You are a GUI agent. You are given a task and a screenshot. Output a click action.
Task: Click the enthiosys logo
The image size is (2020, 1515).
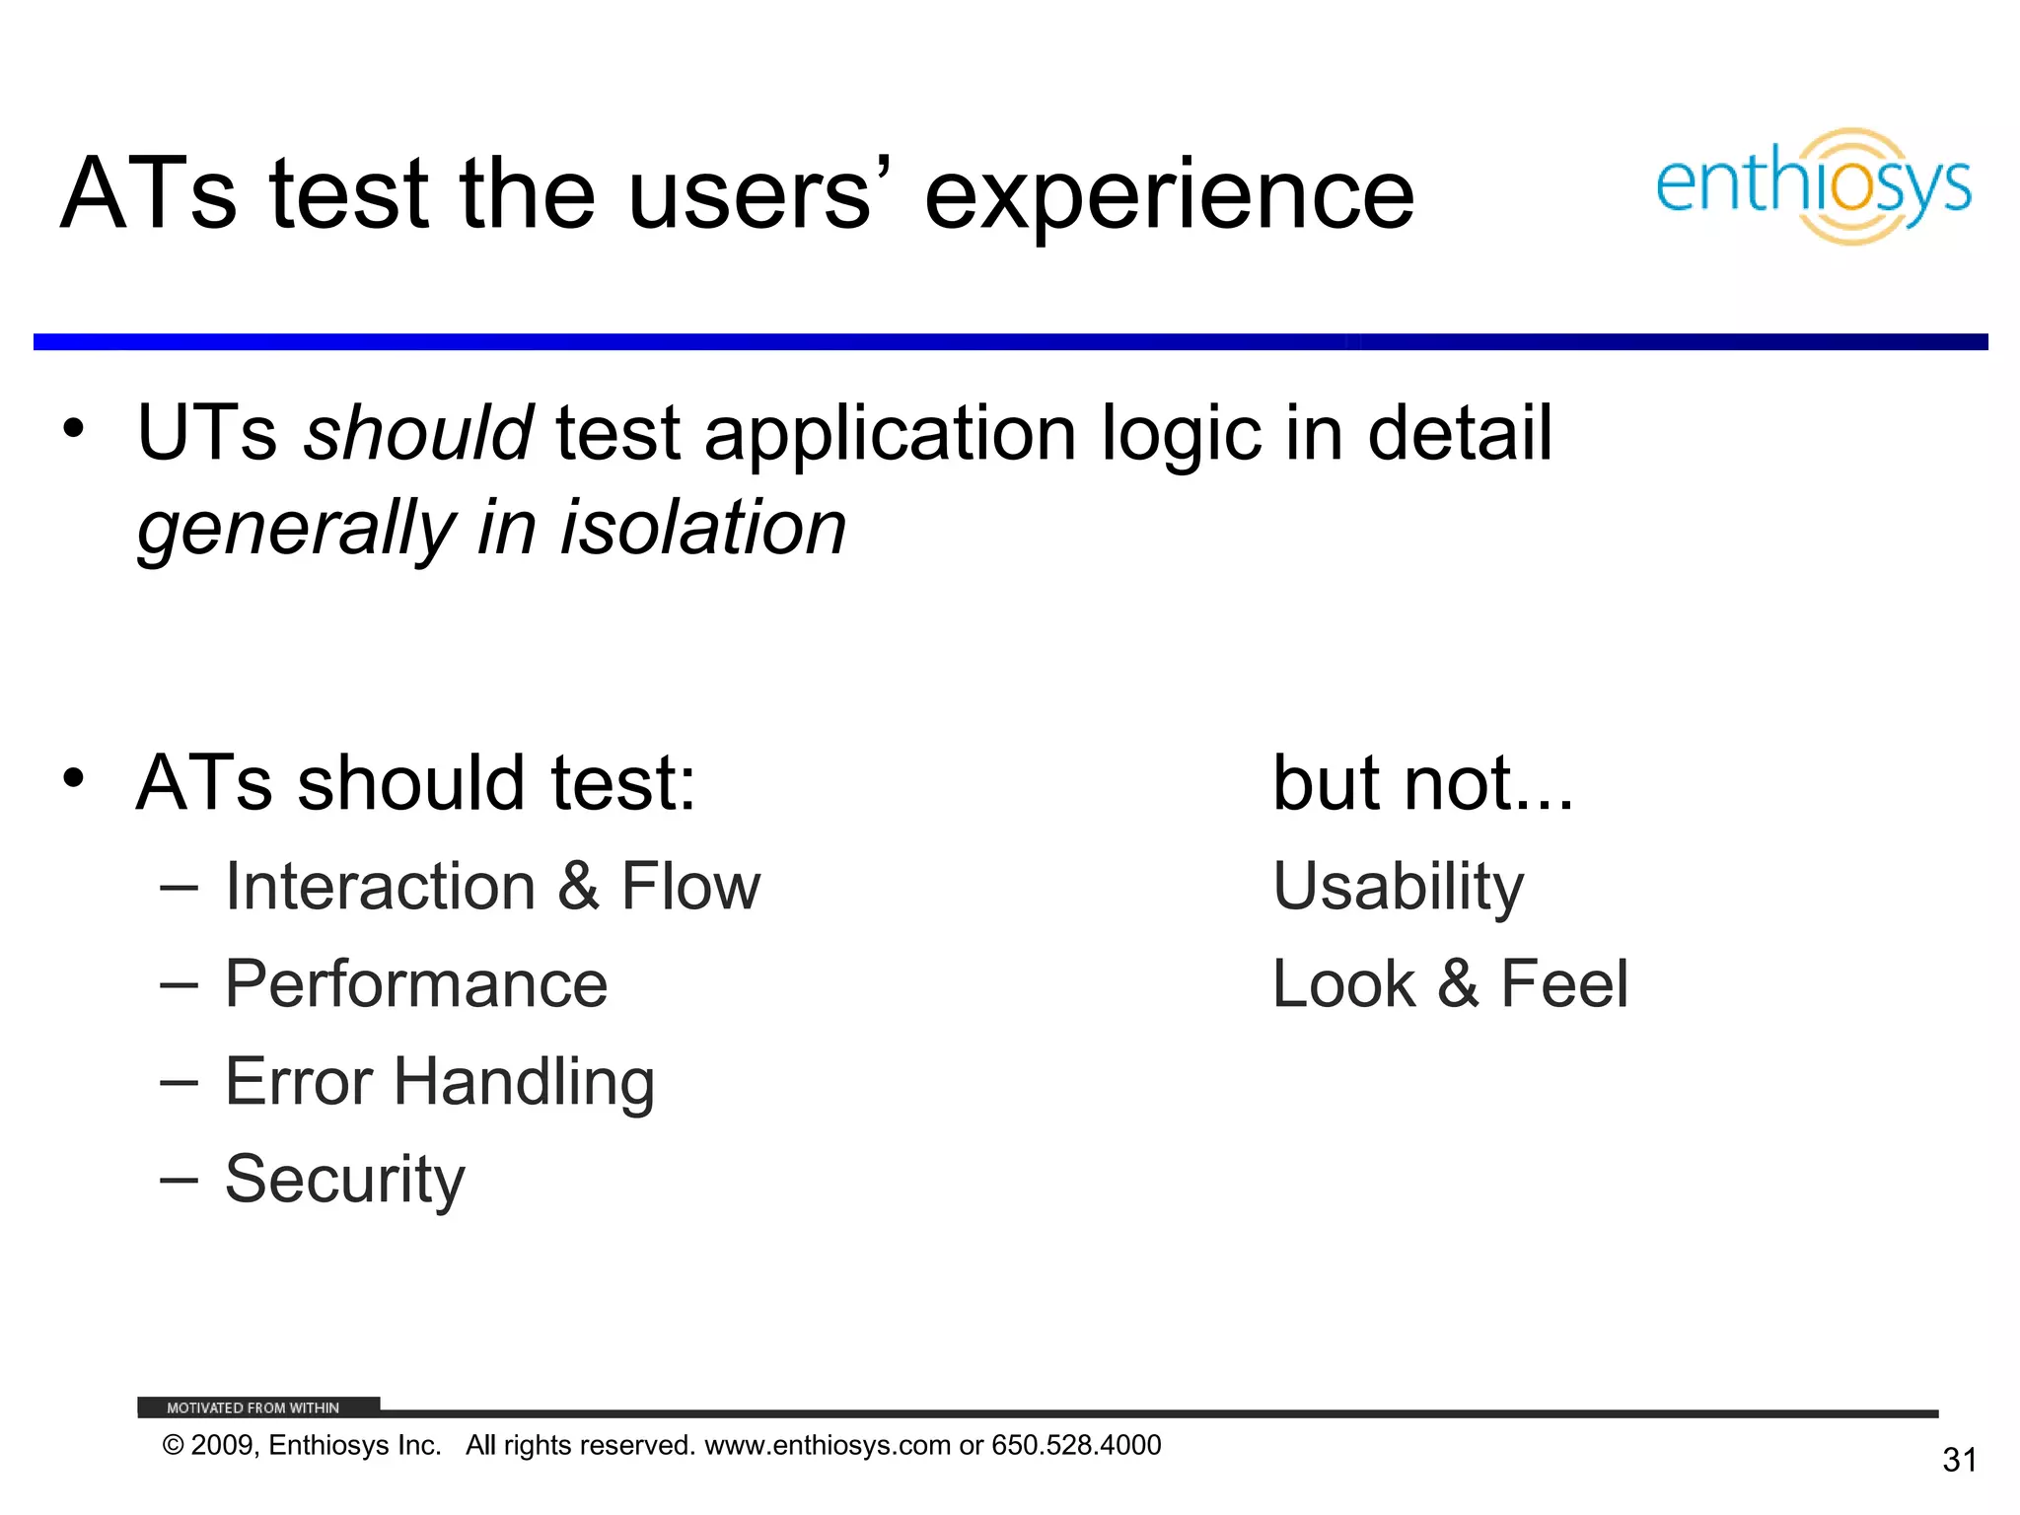point(1813,185)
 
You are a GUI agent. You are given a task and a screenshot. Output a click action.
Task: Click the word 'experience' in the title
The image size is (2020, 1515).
point(1169,195)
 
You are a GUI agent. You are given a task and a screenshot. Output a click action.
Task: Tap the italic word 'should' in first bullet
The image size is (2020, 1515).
point(418,434)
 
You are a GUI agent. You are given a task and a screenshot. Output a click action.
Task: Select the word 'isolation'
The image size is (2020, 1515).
point(703,529)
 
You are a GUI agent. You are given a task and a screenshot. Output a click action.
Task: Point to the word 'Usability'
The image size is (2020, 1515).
point(1398,887)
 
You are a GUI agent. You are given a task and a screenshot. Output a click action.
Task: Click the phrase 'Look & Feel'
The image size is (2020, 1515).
point(1450,984)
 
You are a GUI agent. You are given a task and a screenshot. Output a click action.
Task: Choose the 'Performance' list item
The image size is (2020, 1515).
point(415,984)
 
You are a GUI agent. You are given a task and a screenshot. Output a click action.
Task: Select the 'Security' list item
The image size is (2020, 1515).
point(344,1180)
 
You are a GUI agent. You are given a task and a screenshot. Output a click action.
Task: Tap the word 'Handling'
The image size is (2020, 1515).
point(524,1083)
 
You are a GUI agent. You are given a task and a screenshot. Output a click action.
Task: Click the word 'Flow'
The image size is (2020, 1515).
point(690,887)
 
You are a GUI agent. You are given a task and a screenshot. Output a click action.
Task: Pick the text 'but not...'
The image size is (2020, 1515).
point(1422,783)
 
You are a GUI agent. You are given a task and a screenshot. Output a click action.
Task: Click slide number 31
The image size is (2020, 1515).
point(1959,1460)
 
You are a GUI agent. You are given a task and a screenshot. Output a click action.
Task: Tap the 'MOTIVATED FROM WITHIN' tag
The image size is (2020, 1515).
point(253,1407)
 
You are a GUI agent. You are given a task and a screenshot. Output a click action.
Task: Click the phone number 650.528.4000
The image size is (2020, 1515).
point(1076,1445)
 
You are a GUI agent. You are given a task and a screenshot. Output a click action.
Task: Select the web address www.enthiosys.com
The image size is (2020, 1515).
point(829,1445)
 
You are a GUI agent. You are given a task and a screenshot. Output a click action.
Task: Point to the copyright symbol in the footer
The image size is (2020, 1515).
point(174,1446)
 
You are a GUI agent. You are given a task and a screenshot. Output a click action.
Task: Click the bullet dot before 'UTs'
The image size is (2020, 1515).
point(73,429)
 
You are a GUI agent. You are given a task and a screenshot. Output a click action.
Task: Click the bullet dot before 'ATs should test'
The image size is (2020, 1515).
point(73,778)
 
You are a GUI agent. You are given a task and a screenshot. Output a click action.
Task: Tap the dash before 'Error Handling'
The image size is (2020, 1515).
point(179,1083)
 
